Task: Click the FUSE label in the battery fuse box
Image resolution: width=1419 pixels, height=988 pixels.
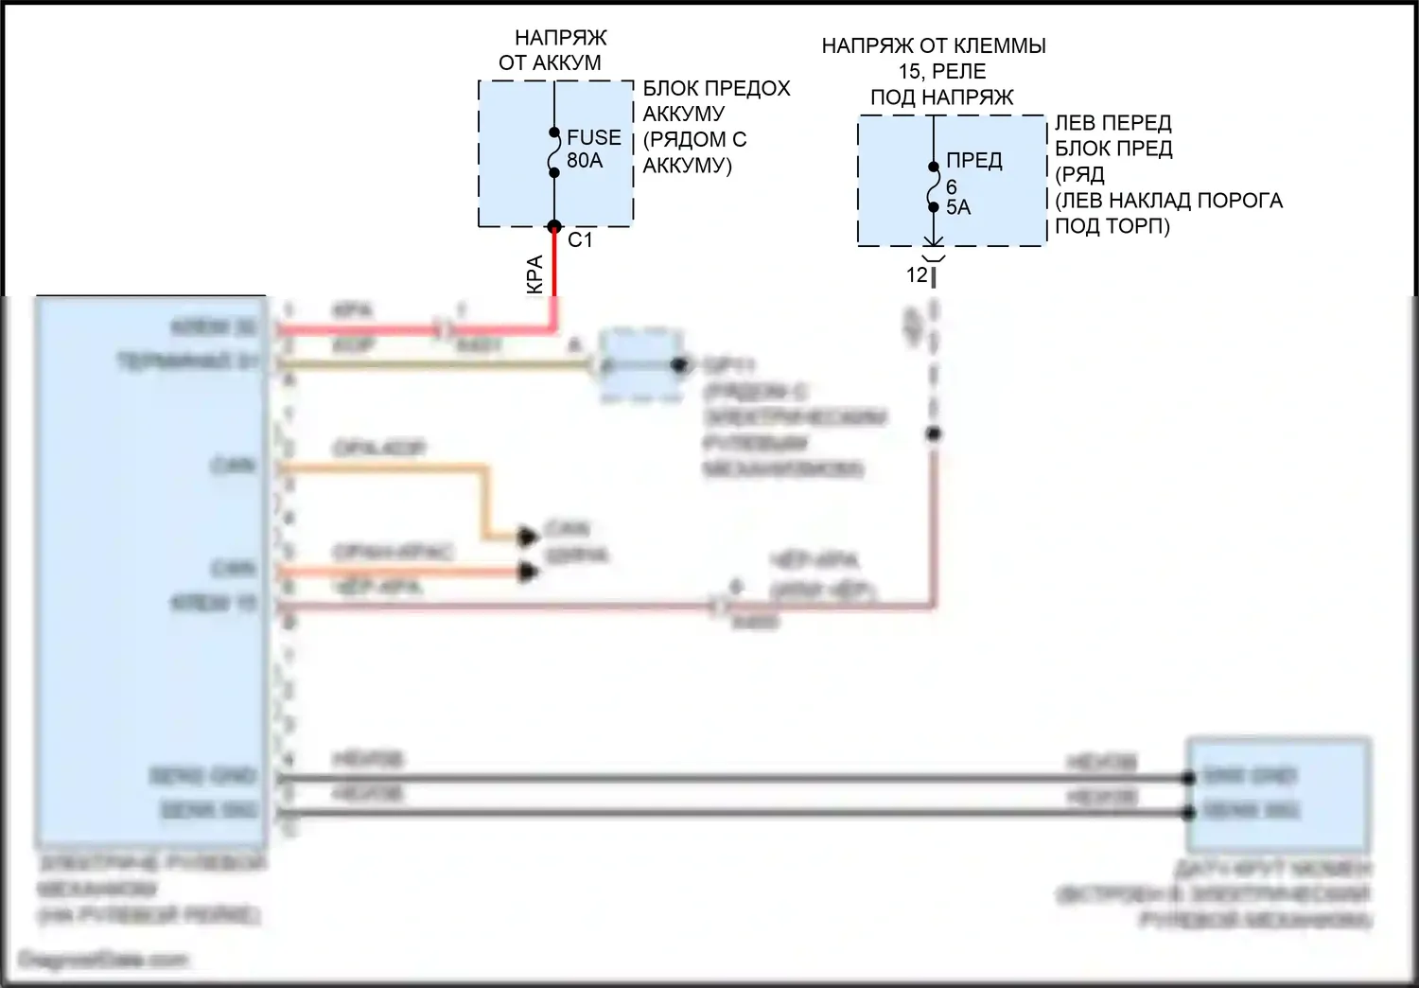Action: click(593, 138)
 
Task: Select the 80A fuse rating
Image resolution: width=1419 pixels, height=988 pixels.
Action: click(585, 161)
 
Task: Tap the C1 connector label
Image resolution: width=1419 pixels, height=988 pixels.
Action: click(580, 240)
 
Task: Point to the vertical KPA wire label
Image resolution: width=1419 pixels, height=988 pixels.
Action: click(534, 274)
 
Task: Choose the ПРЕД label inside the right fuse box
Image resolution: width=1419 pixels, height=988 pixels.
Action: click(973, 161)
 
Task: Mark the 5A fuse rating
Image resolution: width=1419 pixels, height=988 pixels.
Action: click(958, 207)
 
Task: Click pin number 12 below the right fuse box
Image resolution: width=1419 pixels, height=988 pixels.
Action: click(917, 275)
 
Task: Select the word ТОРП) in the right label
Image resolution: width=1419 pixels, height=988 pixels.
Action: click(1140, 226)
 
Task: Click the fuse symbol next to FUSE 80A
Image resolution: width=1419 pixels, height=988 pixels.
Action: click(554, 152)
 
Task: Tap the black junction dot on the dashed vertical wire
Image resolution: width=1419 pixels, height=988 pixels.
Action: click(933, 434)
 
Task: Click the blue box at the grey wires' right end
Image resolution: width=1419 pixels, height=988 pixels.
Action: click(1277, 793)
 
